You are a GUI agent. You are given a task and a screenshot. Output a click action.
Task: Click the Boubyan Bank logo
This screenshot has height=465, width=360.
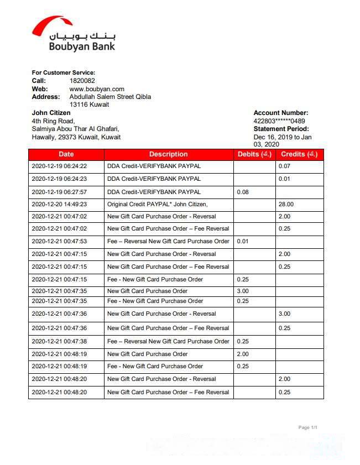click(x=74, y=34)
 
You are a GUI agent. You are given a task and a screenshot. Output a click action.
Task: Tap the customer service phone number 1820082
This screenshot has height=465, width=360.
click(x=82, y=81)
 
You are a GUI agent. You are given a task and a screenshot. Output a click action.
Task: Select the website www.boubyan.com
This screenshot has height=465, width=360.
click(x=97, y=89)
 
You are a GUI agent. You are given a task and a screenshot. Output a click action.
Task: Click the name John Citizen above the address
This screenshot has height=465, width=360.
click(x=51, y=113)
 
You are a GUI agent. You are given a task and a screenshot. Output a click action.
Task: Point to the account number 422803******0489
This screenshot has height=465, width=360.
click(x=279, y=121)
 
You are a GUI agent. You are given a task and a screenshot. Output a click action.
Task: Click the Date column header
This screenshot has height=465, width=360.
click(x=66, y=154)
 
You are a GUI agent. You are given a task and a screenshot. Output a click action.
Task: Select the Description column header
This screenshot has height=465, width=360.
click(x=168, y=154)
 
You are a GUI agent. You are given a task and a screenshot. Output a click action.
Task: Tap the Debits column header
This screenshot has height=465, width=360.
click(x=254, y=154)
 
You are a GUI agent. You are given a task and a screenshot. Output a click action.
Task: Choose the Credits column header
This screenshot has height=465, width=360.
click(x=299, y=154)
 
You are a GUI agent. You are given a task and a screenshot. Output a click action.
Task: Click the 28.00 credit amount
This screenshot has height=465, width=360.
click(x=286, y=205)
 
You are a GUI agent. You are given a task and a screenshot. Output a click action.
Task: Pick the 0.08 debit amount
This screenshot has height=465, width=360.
click(x=243, y=192)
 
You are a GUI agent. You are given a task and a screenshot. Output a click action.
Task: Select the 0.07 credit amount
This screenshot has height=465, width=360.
click(x=284, y=166)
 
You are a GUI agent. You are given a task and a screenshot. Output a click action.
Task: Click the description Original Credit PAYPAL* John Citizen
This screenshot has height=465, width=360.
click(x=157, y=205)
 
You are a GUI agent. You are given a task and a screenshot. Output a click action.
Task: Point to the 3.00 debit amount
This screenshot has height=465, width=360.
click(x=243, y=291)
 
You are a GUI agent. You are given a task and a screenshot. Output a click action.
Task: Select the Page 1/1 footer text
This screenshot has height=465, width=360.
click(x=307, y=427)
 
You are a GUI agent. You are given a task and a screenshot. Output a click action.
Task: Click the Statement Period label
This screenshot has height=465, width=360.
click(x=281, y=129)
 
